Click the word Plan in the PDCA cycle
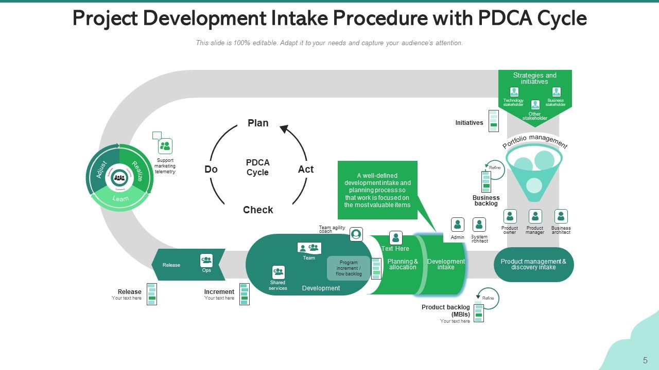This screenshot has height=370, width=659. (258, 123)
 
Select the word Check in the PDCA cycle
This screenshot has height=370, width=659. (258, 210)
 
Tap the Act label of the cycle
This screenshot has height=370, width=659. (305, 169)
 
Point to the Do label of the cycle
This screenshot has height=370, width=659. (211, 169)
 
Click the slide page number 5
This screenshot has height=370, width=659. (645, 360)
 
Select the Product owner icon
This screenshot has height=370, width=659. (510, 216)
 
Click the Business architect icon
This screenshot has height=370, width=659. (561, 216)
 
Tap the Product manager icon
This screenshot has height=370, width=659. (535, 216)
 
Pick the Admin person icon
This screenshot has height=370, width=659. (457, 225)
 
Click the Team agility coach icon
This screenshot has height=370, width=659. (356, 234)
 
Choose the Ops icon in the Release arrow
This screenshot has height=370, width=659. (206, 261)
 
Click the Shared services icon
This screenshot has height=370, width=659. (278, 272)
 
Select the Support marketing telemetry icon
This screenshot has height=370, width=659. (165, 146)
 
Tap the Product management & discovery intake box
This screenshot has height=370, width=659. (533, 264)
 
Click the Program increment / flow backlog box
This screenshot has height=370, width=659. (349, 268)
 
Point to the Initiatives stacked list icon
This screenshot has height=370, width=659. (493, 121)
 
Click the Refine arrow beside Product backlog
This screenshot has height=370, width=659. (488, 299)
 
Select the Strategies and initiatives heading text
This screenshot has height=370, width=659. (534, 78)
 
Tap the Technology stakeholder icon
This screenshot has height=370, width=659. (514, 92)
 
